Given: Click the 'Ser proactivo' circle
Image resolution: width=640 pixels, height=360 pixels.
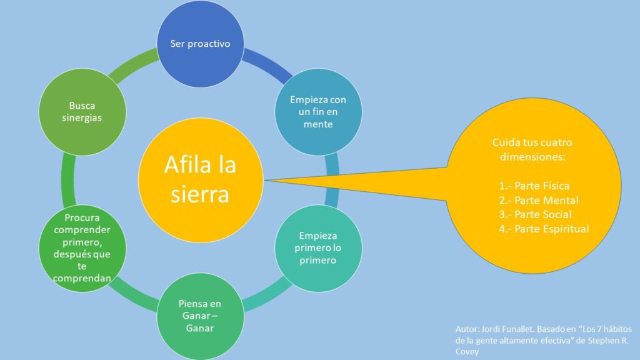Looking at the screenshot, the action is (x=201, y=44).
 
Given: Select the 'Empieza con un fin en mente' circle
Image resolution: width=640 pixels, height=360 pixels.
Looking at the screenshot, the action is (x=318, y=112).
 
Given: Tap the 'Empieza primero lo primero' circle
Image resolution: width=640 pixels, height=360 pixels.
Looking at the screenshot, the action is (x=318, y=248).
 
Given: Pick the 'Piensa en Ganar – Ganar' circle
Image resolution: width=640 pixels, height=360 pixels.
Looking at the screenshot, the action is (x=201, y=316).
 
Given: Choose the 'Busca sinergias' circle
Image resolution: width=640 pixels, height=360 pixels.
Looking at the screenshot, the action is (x=82, y=112).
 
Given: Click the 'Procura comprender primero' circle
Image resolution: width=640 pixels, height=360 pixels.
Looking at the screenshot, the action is (x=82, y=248).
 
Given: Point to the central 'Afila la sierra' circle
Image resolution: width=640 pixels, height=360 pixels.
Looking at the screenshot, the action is (x=201, y=180).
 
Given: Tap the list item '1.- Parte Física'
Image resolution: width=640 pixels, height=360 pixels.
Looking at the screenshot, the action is (x=534, y=186).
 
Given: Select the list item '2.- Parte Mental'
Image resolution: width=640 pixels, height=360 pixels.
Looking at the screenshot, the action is (x=539, y=201).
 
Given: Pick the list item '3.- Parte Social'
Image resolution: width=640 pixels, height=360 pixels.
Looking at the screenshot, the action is (x=535, y=214).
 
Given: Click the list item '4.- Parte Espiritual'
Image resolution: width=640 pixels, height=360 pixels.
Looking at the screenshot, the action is (x=544, y=229).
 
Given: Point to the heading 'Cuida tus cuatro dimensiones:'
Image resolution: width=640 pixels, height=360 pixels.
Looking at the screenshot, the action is (x=532, y=149).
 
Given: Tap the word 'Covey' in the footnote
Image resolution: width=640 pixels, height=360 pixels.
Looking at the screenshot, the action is (x=467, y=351).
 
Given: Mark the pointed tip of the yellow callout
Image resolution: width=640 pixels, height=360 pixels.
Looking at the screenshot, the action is (x=265, y=180).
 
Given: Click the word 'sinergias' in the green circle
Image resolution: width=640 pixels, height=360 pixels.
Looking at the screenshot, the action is (x=82, y=118).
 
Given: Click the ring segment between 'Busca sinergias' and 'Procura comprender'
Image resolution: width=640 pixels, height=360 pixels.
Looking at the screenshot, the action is (x=67, y=180).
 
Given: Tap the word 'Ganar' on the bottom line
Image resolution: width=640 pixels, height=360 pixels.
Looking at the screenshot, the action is (x=199, y=328).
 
